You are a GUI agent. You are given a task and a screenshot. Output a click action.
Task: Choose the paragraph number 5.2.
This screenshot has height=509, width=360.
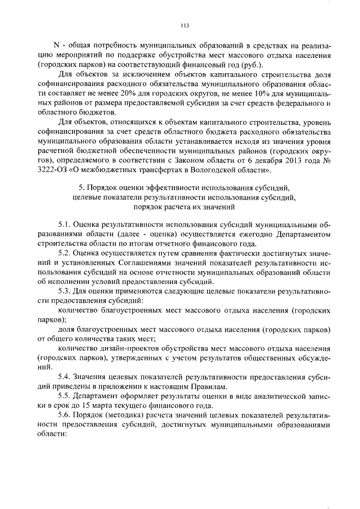pyautogui.click(x=65, y=253)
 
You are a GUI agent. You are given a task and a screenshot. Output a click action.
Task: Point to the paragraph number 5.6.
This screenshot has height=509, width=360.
pyautogui.click(x=65, y=415)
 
